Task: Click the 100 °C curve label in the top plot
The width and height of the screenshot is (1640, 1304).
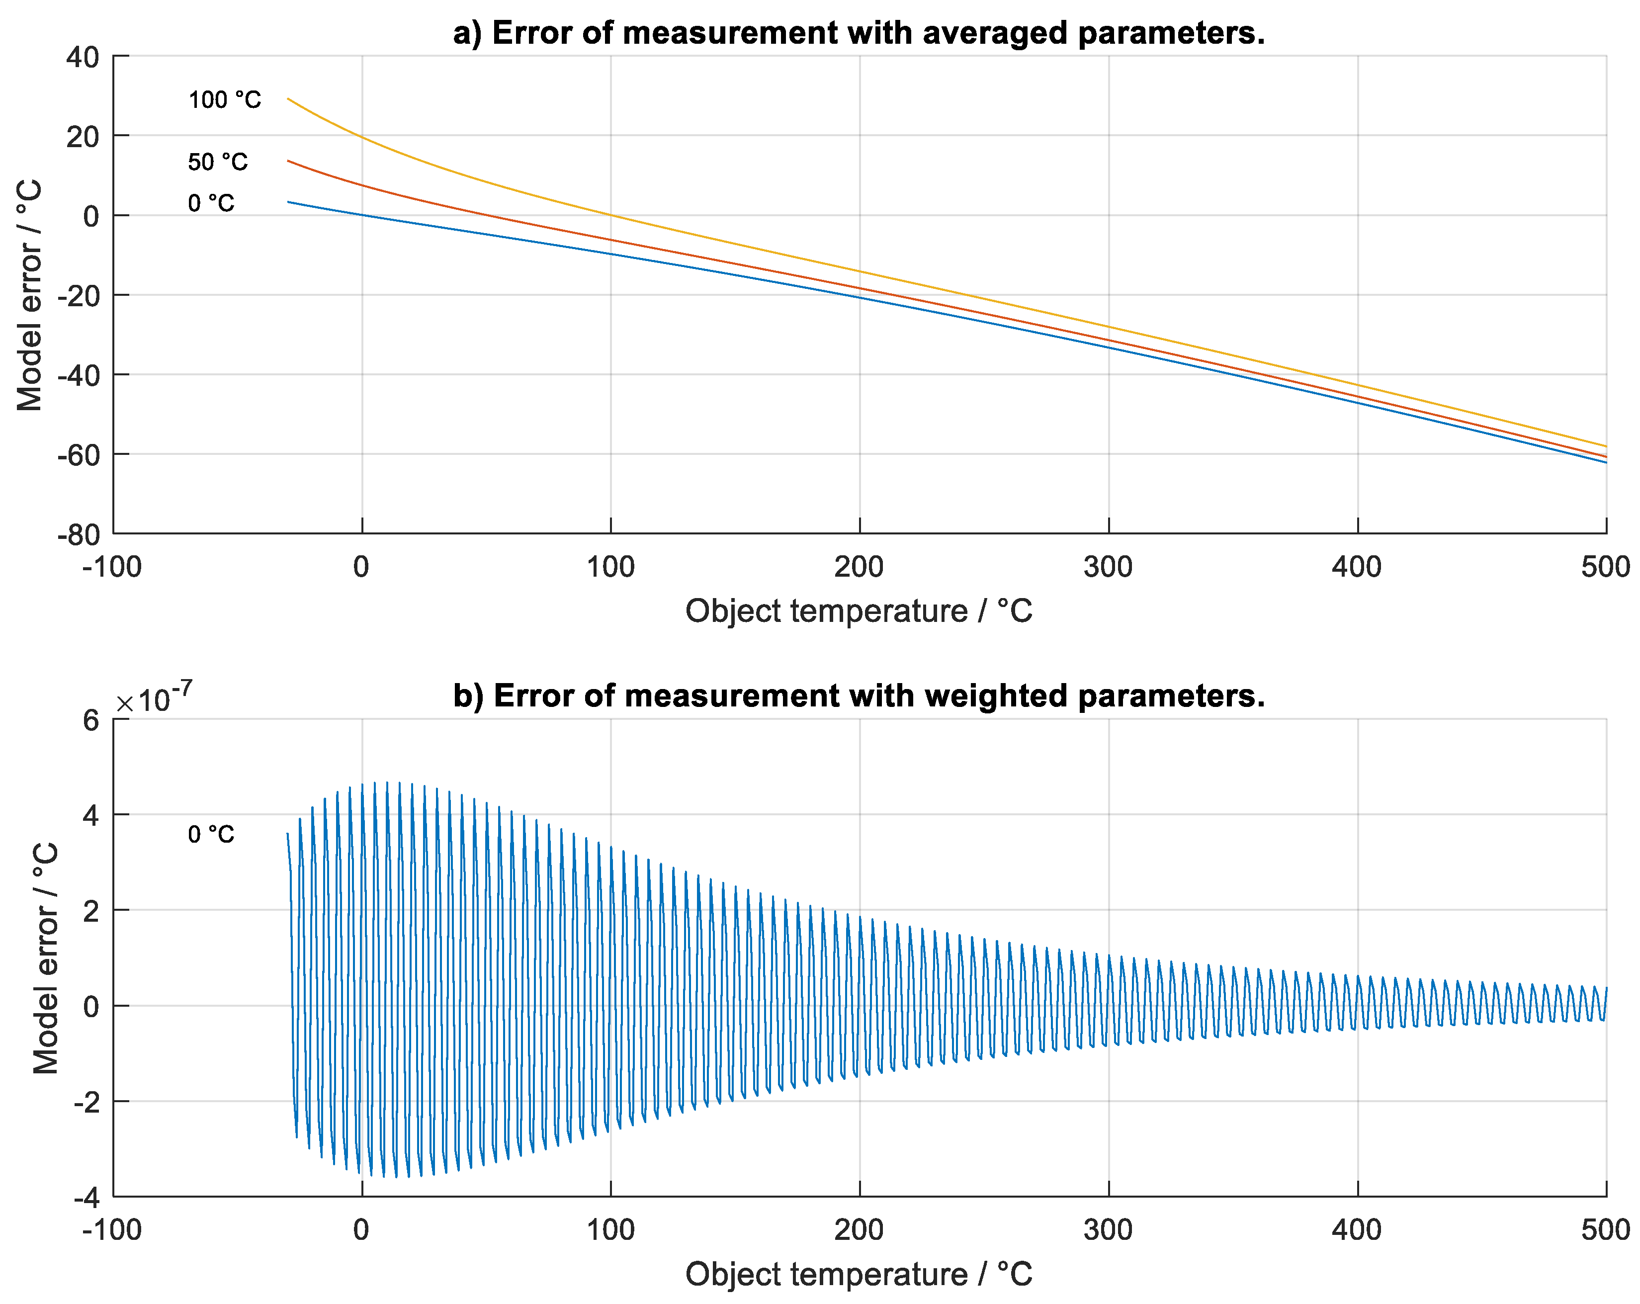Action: click(224, 99)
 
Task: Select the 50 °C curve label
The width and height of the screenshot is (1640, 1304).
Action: click(218, 162)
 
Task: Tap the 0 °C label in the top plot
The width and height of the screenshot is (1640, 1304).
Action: click(211, 203)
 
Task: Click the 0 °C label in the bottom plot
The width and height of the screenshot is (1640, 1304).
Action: click(211, 835)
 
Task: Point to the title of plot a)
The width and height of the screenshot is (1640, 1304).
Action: click(859, 33)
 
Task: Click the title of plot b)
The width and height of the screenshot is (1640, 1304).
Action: click(859, 696)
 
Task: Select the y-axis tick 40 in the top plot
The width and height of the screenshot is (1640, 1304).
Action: click(83, 57)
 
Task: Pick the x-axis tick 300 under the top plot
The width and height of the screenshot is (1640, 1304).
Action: click(1108, 567)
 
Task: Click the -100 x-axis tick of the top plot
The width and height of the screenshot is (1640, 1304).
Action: click(112, 567)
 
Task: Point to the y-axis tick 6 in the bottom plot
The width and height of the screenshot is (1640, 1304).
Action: click(91, 720)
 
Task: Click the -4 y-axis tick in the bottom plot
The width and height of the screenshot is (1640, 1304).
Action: click(86, 1198)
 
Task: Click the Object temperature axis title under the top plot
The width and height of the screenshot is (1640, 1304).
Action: click(859, 611)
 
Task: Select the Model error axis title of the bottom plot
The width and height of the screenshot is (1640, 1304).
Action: click(46, 958)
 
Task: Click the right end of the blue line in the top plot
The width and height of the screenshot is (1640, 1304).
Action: click(1606, 462)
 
